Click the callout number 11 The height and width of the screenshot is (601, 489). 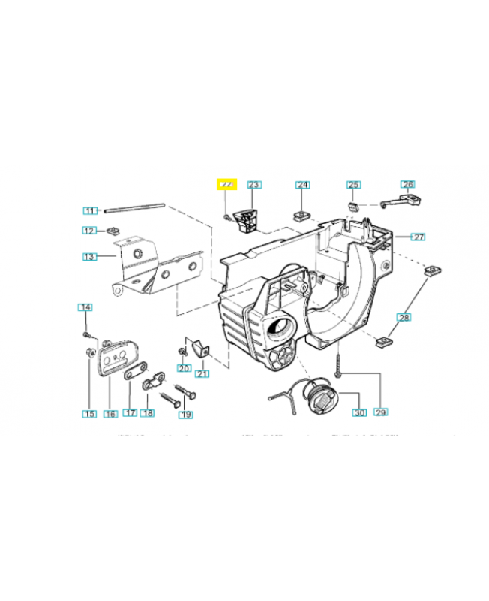pos(91,211)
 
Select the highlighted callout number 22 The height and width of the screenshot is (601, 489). pos(226,184)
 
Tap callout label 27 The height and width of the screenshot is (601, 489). pos(418,237)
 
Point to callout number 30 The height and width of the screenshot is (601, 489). pos(359,413)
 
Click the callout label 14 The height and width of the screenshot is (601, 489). pos(85,307)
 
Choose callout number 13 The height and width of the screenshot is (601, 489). pos(90,256)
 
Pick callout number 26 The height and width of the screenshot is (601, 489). pos(407,184)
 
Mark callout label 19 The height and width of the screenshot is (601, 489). pos(185,414)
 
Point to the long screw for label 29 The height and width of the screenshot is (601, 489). pos(340,370)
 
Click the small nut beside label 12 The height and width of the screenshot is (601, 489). pos(116,230)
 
